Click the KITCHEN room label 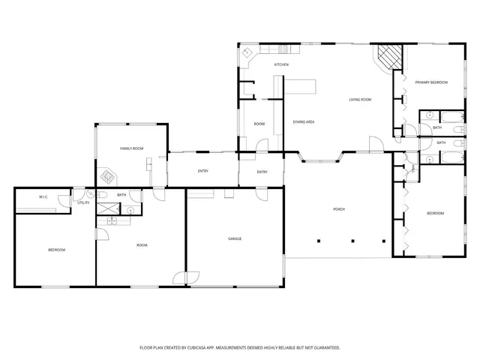click(x=281, y=65)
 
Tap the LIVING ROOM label click(x=360, y=100)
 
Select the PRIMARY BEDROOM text click(x=432, y=82)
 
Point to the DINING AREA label click(x=303, y=121)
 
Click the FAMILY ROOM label click(x=132, y=148)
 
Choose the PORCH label click(x=338, y=209)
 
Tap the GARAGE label click(x=235, y=238)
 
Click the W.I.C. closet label click(x=43, y=197)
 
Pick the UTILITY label click(x=83, y=202)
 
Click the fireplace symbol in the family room click(x=110, y=178)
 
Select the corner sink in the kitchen click(x=247, y=54)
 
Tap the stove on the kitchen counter click(x=285, y=49)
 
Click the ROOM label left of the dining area click(x=259, y=124)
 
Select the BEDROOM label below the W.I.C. click(x=57, y=250)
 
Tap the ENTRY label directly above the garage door click(x=202, y=172)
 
